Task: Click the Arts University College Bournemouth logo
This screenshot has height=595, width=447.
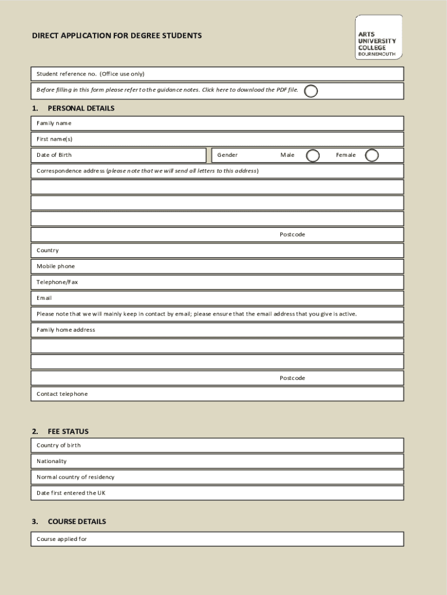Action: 378,37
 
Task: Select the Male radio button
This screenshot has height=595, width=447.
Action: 313,155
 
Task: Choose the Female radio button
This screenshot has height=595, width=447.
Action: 372,155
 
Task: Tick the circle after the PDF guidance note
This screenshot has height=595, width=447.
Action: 311,91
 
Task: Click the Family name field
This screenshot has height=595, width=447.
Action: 232,123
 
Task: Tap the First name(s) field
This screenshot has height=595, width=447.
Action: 232,139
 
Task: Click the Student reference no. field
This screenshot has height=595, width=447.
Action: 261,74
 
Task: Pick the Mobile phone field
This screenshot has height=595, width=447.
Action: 232,266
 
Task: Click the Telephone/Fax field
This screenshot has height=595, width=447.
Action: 232,282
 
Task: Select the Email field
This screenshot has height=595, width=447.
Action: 232,298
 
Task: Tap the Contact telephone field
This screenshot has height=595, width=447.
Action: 232,394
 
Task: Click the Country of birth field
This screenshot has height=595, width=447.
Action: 232,446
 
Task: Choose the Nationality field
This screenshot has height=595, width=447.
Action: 232,461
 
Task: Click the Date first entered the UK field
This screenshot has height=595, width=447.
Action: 232,493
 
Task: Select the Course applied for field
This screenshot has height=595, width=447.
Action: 232,539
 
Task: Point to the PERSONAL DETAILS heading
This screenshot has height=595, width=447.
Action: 81,109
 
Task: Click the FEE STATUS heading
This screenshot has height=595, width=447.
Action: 68,432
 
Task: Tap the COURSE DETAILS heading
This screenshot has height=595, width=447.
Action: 77,522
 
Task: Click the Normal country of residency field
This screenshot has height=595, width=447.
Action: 232,477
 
